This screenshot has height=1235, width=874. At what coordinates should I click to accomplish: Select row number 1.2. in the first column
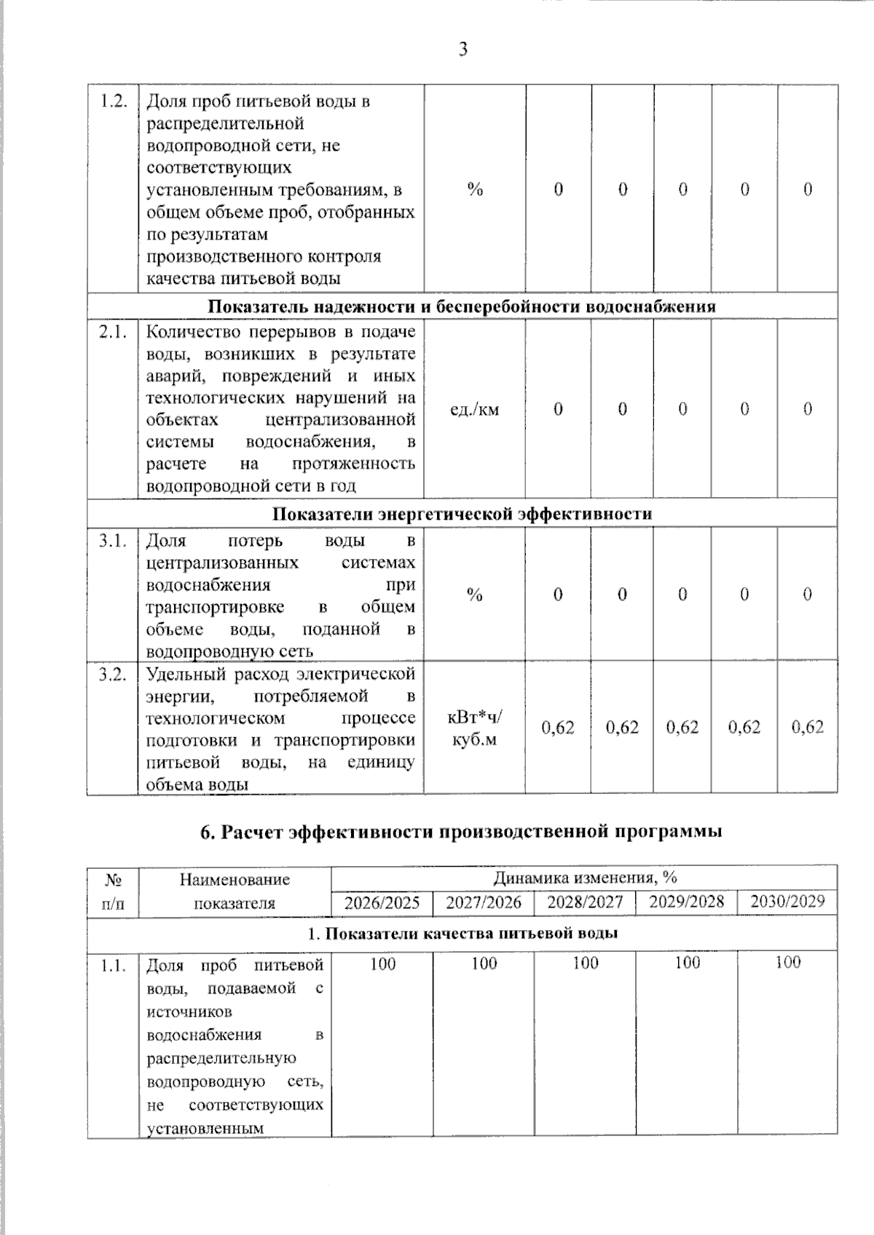point(113,101)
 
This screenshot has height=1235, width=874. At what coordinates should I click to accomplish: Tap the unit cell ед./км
point(474,409)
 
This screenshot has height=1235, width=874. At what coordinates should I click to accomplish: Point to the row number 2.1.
point(113,332)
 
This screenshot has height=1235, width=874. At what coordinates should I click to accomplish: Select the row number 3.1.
point(113,541)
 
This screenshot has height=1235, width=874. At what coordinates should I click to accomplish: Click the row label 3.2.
point(113,674)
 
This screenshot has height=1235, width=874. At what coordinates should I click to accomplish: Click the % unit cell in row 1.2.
point(475,190)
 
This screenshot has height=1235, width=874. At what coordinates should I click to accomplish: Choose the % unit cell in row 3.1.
point(474,595)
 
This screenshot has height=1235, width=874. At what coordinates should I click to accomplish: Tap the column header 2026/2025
point(382,902)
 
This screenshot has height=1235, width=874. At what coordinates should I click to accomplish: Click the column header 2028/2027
point(585,902)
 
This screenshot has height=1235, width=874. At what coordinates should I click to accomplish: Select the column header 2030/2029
point(787,902)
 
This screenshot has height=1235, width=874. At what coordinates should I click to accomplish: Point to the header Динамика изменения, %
point(585,878)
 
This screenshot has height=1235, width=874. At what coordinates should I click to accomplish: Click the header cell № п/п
point(113,891)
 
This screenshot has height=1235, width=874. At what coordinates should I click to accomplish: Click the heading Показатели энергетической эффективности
point(462,514)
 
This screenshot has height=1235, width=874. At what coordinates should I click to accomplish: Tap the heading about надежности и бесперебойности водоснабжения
point(462,306)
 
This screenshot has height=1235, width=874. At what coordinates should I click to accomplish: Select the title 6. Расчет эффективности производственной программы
point(461,831)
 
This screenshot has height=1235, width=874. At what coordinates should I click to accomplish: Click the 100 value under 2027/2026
point(484,964)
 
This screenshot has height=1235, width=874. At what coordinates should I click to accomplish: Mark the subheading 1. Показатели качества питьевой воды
point(462,933)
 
